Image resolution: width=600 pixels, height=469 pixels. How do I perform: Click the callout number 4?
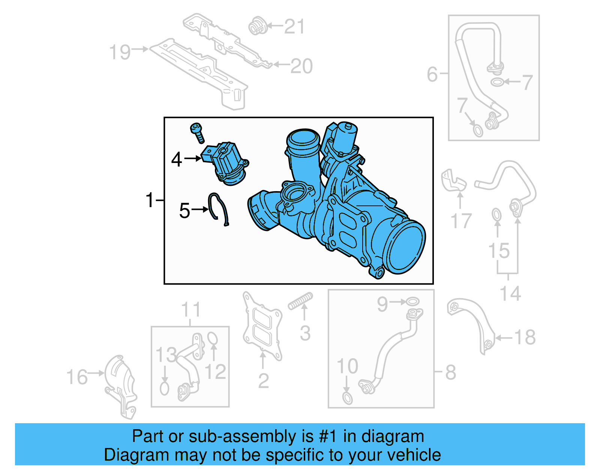tap(176, 160)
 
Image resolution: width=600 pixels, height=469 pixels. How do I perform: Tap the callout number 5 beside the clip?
tap(184, 211)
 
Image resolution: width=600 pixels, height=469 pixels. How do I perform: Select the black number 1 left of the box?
tap(150, 200)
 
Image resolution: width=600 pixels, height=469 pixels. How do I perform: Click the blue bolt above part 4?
tap(197, 133)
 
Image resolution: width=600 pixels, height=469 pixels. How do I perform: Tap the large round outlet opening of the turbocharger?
tap(406, 246)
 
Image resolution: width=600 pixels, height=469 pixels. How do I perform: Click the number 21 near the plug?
tap(294, 27)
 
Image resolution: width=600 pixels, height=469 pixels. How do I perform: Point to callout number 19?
tap(120, 52)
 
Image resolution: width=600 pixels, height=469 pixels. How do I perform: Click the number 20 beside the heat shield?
tap(301, 66)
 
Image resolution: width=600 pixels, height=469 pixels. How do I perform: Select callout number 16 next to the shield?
tap(77, 377)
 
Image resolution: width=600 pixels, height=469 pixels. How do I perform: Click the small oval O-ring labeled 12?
tap(212, 338)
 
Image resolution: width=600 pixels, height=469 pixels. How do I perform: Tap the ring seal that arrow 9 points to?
tap(413, 302)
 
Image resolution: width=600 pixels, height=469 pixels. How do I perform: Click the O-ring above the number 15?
tap(496, 215)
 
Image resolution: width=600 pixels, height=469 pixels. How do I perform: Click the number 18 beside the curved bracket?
tap(525, 337)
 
